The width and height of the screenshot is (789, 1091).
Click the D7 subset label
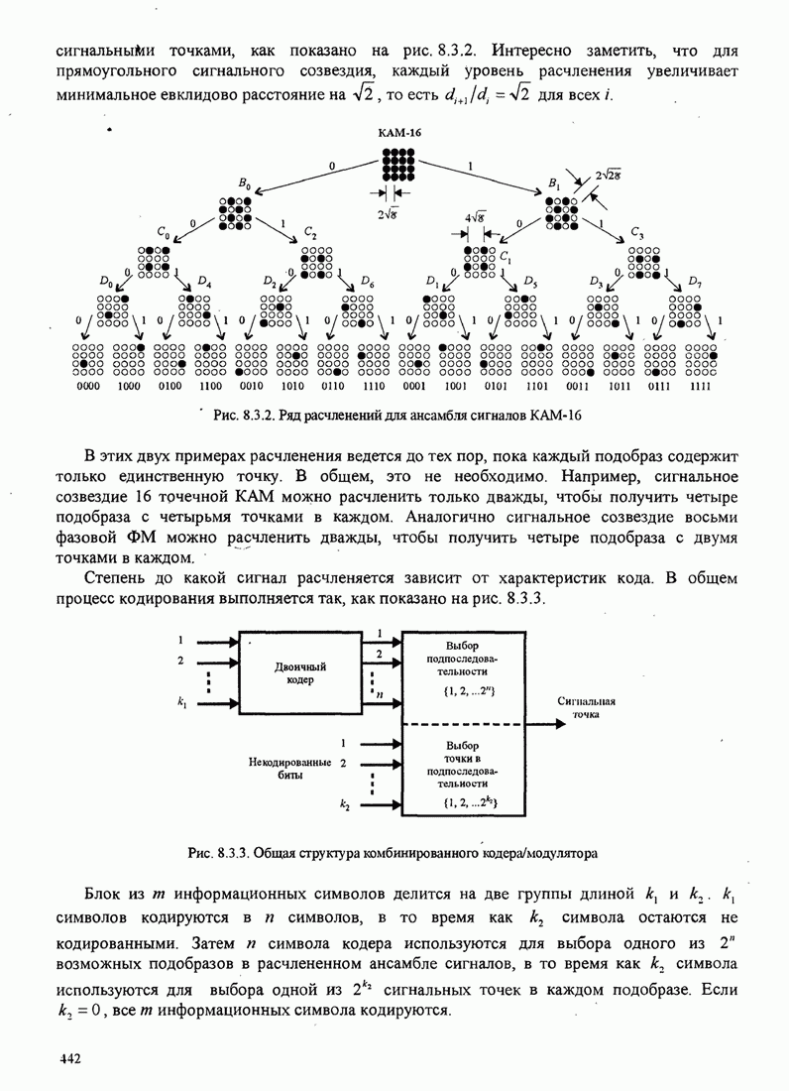695,282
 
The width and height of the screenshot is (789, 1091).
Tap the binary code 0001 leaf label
414,388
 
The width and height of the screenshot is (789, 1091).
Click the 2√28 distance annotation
609,176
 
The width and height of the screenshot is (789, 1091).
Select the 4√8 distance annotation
474,217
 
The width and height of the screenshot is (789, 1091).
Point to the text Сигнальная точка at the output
584,706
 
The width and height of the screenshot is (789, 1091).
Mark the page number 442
69,1059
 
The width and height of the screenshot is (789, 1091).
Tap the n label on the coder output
380,694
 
